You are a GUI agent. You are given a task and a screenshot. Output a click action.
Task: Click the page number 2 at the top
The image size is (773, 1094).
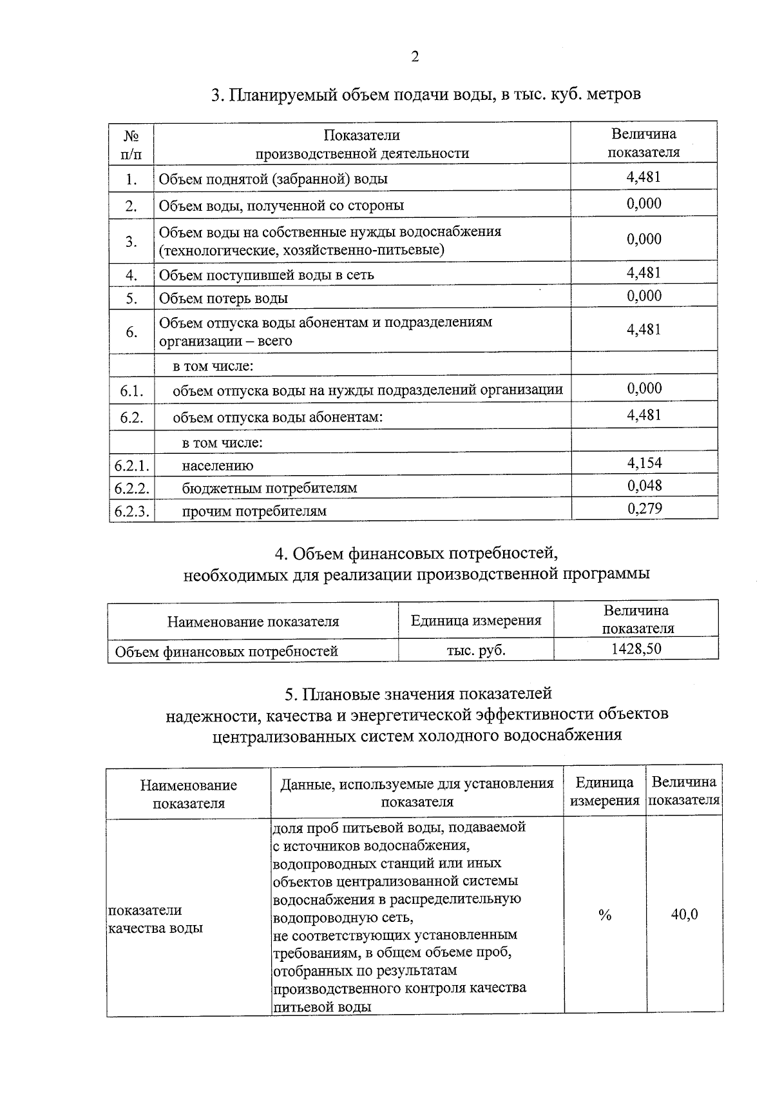[415, 57]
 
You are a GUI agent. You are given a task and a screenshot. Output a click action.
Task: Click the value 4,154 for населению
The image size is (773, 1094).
[644, 462]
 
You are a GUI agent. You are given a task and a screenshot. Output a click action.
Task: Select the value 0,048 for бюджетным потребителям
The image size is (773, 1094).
[644, 485]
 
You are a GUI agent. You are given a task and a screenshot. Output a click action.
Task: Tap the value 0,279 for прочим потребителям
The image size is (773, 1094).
[644, 509]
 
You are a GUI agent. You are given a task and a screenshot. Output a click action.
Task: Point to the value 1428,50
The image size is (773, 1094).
[636, 648]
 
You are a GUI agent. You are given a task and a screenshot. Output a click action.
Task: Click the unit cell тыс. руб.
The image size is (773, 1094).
[475, 650]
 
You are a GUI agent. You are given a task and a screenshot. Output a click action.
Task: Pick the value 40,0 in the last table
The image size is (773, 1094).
[684, 914]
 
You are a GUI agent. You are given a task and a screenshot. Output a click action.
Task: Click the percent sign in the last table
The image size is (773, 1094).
[604, 915]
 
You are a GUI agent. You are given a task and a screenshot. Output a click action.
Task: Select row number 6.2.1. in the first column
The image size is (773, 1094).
[132, 465]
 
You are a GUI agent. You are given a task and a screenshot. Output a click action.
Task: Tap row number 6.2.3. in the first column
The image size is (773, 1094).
[132, 511]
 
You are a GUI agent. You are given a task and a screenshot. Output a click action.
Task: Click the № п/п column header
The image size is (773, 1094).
[131, 144]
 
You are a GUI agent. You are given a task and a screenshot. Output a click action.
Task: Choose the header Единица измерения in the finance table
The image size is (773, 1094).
[475, 620]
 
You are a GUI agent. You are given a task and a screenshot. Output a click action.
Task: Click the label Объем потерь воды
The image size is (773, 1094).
[223, 298]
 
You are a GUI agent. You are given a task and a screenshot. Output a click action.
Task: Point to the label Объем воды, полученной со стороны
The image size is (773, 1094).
[282, 206]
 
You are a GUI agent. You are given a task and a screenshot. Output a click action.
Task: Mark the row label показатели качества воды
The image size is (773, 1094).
[155, 919]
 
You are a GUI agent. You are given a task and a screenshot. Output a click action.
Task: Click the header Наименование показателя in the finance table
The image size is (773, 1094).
[253, 621]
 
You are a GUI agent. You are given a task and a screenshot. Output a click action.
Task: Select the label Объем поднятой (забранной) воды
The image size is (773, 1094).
[273, 179]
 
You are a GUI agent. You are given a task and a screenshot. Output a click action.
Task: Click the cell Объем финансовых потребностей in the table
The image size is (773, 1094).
[226, 651]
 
